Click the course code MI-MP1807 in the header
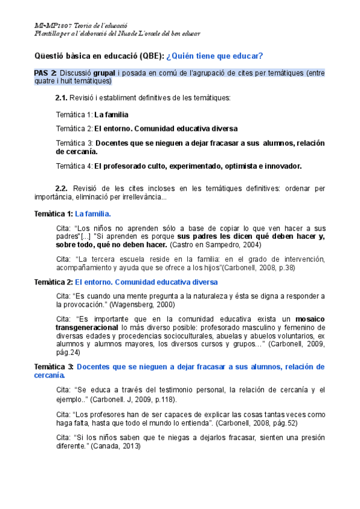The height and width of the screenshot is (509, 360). tap(50, 26)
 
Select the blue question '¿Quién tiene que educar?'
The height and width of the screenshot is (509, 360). tap(214, 56)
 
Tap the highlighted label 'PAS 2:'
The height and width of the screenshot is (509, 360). tap(46, 73)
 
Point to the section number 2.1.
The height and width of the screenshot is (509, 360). tap(61, 98)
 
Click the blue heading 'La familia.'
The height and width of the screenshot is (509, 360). tap(93, 214)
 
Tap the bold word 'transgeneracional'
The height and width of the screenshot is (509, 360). tap(86, 328)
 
